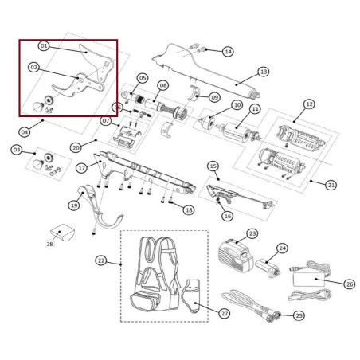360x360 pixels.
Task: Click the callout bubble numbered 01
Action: click(44, 46)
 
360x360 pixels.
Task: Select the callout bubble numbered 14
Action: click(228, 51)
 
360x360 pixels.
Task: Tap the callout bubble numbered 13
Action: click(264, 71)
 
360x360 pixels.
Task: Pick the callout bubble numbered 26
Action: click(350, 283)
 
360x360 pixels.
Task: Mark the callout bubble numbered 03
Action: click(17, 150)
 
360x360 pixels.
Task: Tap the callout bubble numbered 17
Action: click(81, 168)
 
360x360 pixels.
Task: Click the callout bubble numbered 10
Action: click(237, 105)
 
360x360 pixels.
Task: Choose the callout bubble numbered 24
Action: click(281, 248)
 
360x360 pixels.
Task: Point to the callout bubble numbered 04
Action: click(25, 131)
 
